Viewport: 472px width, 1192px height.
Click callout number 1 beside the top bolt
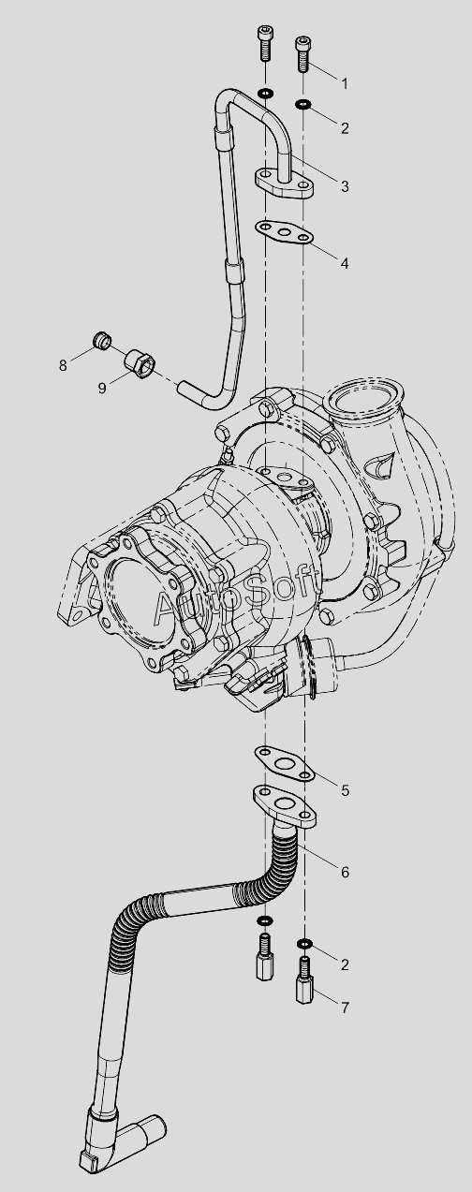345,83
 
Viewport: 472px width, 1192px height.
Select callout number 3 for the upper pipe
345,186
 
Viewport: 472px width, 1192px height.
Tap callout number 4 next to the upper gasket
345,263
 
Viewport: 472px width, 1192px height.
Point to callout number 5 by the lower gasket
345,790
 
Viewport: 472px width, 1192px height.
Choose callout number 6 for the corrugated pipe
345,872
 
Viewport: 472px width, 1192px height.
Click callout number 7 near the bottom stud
345,1008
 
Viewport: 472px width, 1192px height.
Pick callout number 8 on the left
63,365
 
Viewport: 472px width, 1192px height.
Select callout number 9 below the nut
102,388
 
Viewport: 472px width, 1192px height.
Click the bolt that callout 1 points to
302,53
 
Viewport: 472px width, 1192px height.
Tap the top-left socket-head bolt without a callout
264,43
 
